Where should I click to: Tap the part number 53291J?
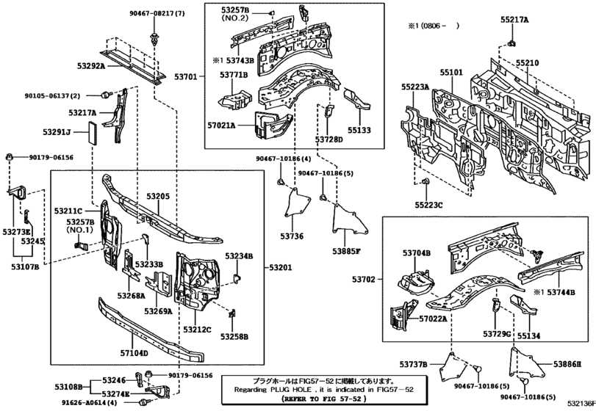pos(56,132)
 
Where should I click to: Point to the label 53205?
pos(157,197)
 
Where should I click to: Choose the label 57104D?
pos(134,353)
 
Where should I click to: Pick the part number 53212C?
pos(197,330)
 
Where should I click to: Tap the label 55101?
pos(451,73)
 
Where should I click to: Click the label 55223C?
pos(428,205)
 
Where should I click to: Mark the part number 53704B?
pos(416,253)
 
